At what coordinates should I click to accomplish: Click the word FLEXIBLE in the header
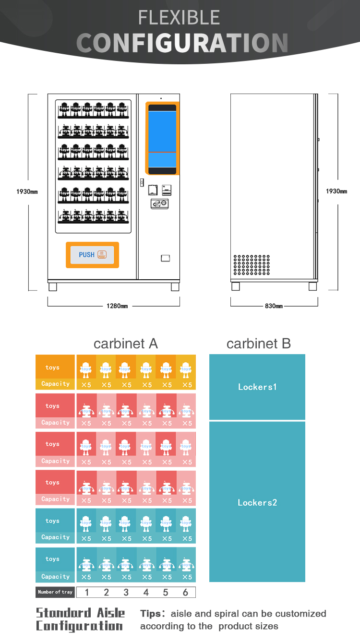click(x=179, y=18)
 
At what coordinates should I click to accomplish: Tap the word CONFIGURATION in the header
click(x=182, y=43)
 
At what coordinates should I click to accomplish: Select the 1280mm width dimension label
click(x=117, y=306)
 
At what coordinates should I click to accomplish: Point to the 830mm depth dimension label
click(x=274, y=306)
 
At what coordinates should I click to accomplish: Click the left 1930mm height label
click(x=27, y=191)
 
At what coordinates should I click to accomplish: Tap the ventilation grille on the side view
click(x=252, y=264)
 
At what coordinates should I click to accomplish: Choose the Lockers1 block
click(x=257, y=387)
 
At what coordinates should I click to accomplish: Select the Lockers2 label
click(x=257, y=502)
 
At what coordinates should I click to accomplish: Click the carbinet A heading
click(x=126, y=344)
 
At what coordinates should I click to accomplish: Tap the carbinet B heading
click(x=259, y=344)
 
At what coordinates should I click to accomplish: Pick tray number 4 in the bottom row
click(x=146, y=592)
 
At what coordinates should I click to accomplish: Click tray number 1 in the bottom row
click(x=87, y=592)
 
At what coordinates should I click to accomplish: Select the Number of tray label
click(x=55, y=592)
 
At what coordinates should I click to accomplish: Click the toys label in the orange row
click(x=53, y=368)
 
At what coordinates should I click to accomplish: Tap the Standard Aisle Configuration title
click(x=80, y=619)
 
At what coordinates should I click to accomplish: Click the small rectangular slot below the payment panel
click(x=165, y=258)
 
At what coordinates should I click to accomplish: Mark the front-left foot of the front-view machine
click(x=53, y=286)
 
